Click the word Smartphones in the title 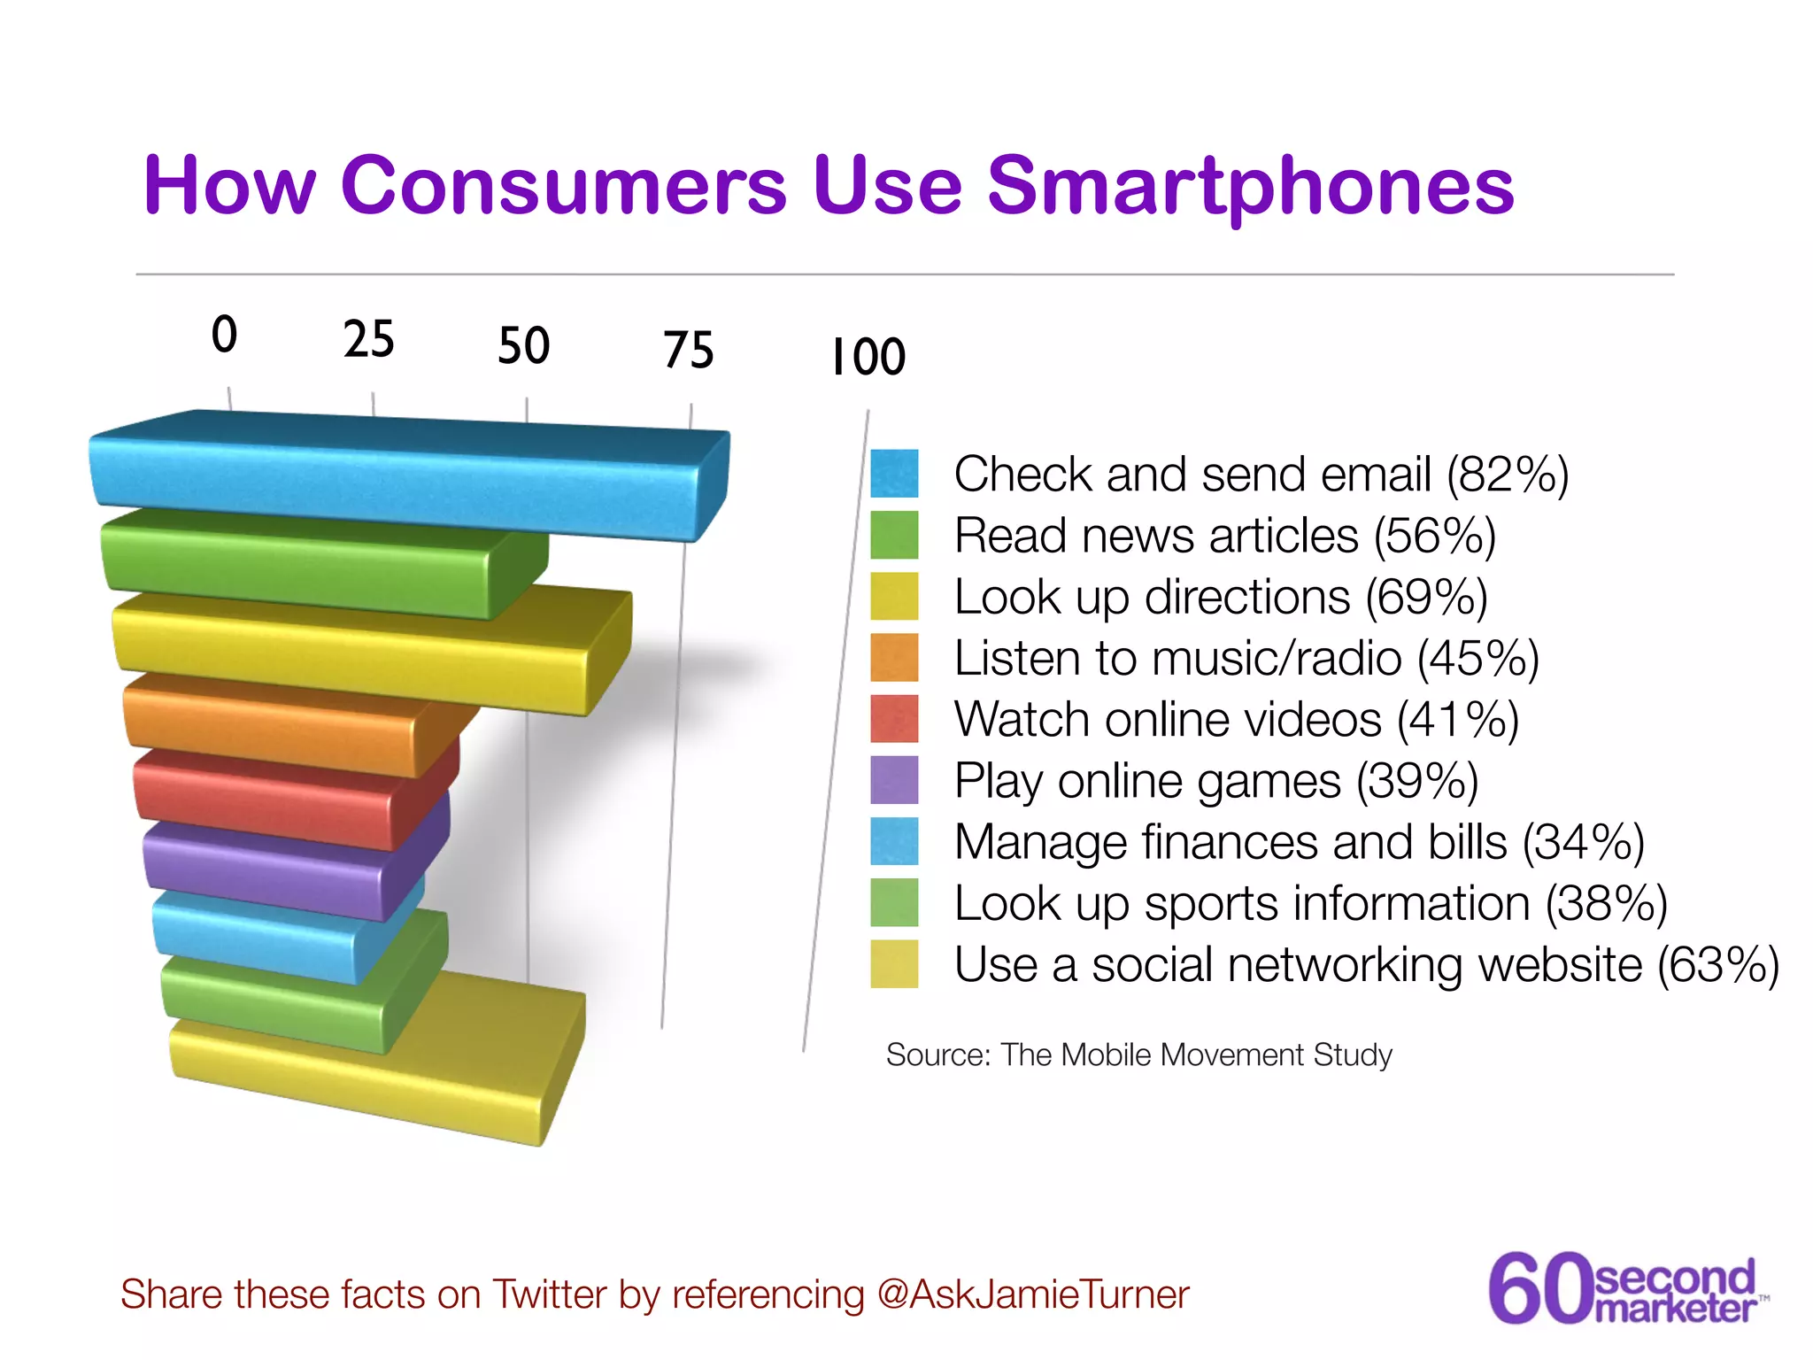tap(1250, 188)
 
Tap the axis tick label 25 tap(369, 340)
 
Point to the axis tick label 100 tap(868, 358)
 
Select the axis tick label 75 tap(689, 351)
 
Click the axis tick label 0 tap(225, 336)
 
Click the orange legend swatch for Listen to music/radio tap(894, 658)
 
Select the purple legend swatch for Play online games tap(894, 780)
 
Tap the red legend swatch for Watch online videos tap(894, 719)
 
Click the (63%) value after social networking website tap(1717, 965)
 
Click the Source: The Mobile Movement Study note tap(1138, 1055)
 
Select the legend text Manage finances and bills tap(1231, 842)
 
